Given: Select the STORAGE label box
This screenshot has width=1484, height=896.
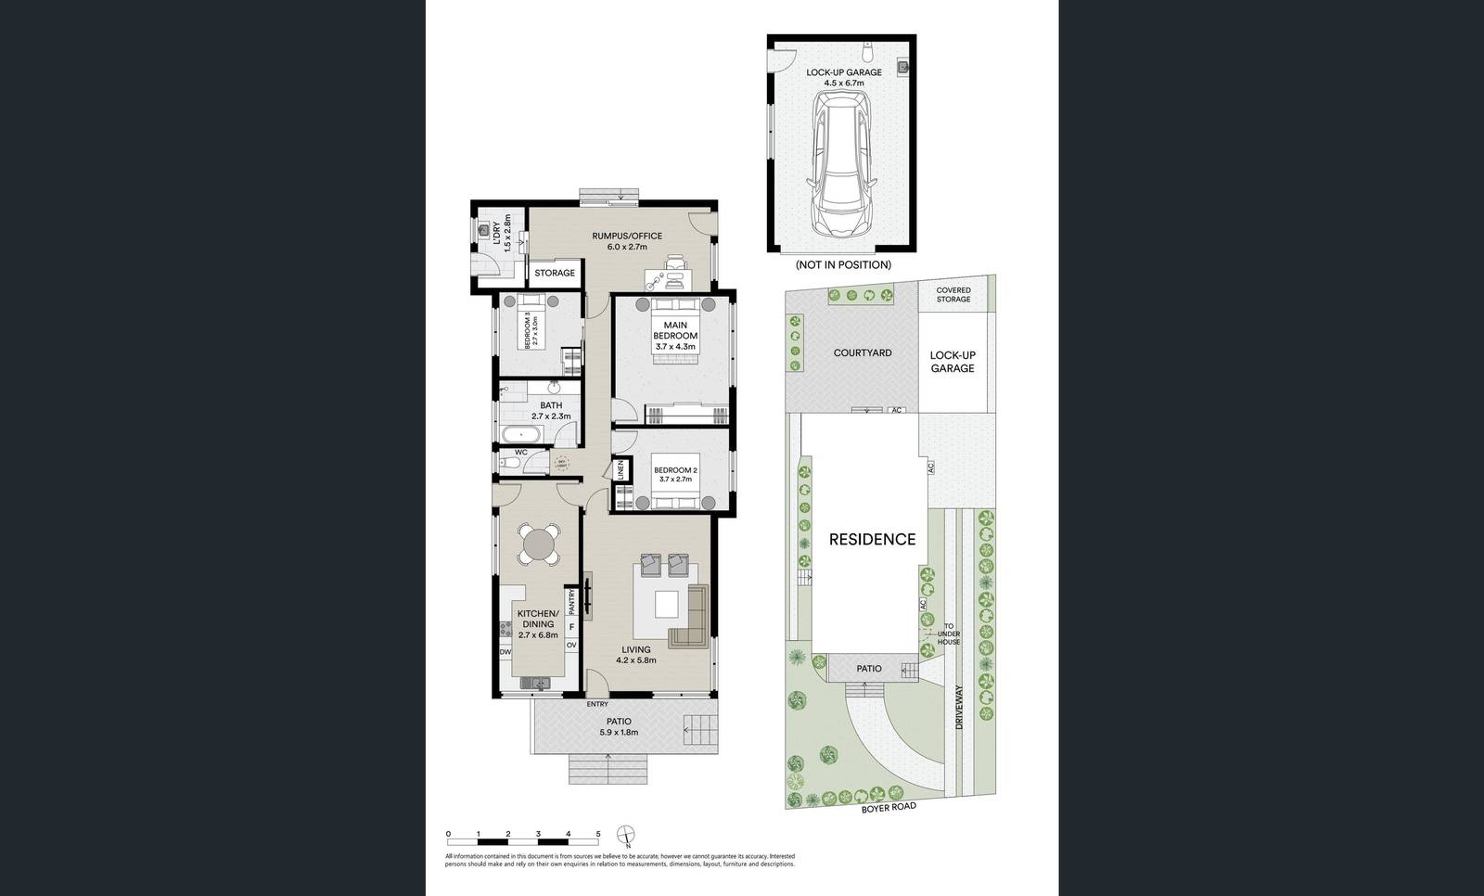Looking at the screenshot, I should (x=555, y=273).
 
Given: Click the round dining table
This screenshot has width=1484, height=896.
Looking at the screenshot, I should (x=539, y=544).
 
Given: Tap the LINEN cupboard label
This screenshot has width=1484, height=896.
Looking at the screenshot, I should (x=620, y=470).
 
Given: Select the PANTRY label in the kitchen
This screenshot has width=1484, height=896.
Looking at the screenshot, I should (x=571, y=602).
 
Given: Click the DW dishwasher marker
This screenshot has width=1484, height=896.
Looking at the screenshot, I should (x=505, y=652).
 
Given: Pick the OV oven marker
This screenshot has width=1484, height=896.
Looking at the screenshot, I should (x=571, y=645).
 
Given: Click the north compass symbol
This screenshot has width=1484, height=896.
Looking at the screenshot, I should (x=628, y=835).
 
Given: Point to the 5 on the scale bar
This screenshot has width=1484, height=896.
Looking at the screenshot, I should (x=598, y=834).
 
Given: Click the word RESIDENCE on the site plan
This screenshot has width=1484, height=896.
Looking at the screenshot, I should (x=872, y=539).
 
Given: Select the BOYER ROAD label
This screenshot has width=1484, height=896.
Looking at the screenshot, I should (x=889, y=808).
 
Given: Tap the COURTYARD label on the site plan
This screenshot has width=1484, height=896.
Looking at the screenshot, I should (x=863, y=352).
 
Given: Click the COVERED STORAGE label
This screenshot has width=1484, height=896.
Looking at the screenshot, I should (x=953, y=294).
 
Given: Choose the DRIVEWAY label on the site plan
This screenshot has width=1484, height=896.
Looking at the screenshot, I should (x=960, y=707).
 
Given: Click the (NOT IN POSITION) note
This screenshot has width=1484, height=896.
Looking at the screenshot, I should (x=843, y=264).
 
